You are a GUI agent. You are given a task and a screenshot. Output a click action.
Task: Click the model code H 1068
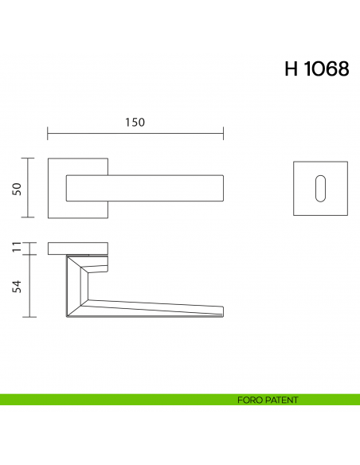tap(316, 69)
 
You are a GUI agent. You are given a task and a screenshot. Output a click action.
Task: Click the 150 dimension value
tap(134, 122)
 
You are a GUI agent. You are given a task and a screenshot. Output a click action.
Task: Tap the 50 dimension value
tap(16, 188)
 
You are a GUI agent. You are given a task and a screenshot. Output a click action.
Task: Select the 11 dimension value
tap(16, 248)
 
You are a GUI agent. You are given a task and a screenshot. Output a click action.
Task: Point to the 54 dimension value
tap(16, 286)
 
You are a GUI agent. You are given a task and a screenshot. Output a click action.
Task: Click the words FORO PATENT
tap(268, 400)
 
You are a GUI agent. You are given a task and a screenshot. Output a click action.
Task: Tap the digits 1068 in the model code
tap(327, 69)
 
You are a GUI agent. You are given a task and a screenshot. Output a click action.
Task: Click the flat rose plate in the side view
tap(78, 248)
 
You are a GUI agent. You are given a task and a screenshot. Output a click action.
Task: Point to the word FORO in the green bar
tap(248, 400)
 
